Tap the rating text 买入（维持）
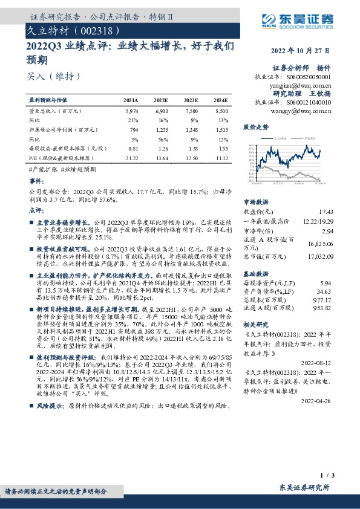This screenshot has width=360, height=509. point(53,76)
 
